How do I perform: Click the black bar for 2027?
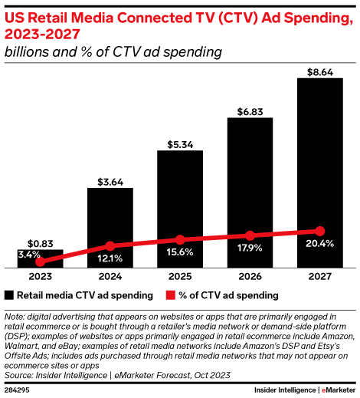tap(319, 173)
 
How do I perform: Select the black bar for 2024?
tap(110, 227)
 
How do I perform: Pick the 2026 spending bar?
tap(250, 192)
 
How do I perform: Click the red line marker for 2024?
tap(110, 246)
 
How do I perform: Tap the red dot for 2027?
tap(319, 231)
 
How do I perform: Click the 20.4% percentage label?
tap(319, 245)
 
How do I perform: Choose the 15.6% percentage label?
tap(180, 253)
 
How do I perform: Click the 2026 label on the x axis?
tap(250, 277)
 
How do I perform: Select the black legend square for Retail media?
tap(9, 294)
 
